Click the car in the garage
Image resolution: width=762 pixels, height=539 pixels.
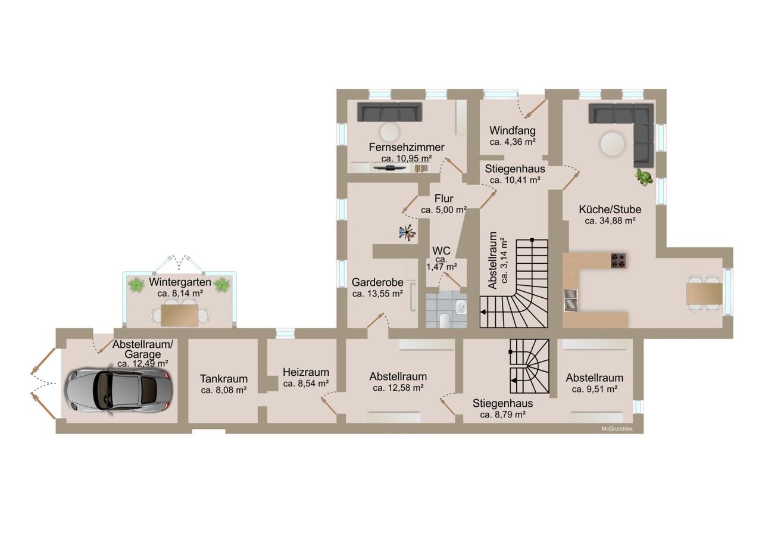[118, 390]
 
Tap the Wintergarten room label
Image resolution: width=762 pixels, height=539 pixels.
[180, 282]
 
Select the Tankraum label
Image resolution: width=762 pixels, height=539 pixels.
[223, 379]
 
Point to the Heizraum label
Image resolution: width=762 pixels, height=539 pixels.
[306, 372]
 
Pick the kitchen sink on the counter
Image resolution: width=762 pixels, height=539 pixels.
[571, 300]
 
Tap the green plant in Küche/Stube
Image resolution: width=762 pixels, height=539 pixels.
[644, 177]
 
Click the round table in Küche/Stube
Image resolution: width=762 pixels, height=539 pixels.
[613, 144]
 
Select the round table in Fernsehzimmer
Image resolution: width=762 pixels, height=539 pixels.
[389, 132]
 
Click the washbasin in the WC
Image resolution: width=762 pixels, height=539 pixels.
[461, 307]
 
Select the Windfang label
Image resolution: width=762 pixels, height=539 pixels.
[513, 130]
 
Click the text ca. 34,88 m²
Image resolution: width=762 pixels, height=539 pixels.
[610, 221]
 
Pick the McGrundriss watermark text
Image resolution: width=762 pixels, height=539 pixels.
[617, 429]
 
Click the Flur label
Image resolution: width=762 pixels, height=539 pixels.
[444, 198]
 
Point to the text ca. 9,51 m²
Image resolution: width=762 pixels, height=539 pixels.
[594, 389]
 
